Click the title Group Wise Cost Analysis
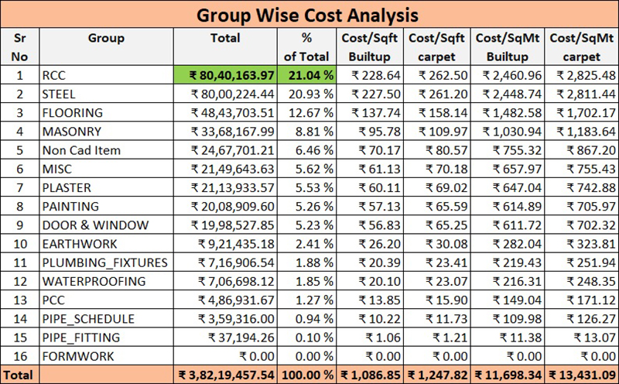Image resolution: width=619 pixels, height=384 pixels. coord(309,15)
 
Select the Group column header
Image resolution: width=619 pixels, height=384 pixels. coord(106,38)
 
